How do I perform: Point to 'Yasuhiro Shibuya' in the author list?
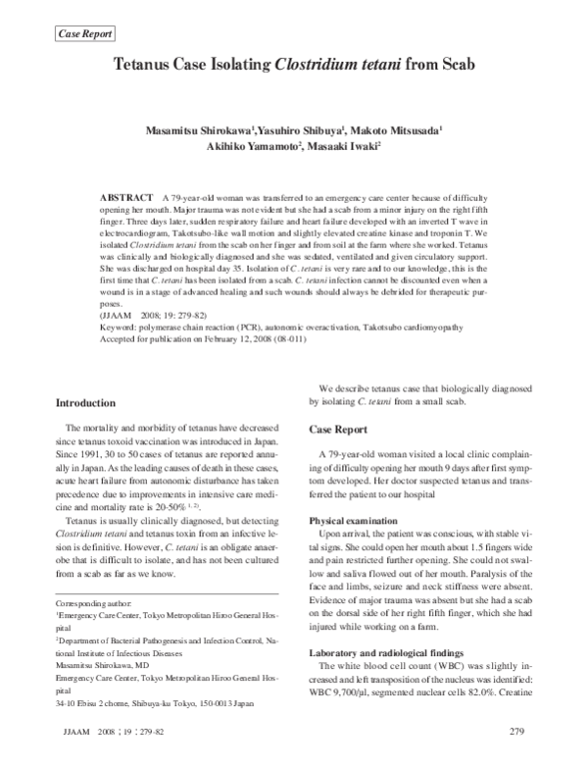pos(295,129)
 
